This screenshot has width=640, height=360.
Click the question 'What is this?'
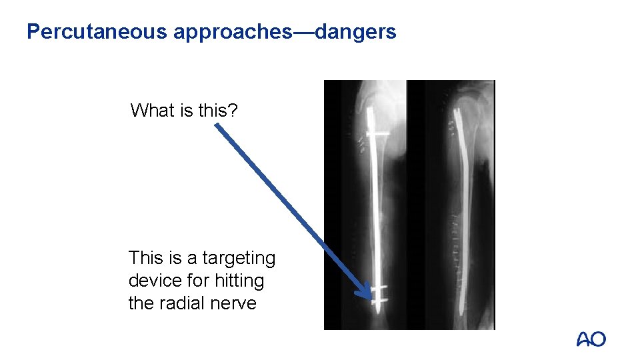(184, 110)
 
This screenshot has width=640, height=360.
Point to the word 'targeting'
(238, 258)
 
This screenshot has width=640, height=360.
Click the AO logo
(591, 339)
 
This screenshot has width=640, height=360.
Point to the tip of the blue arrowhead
(371, 298)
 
